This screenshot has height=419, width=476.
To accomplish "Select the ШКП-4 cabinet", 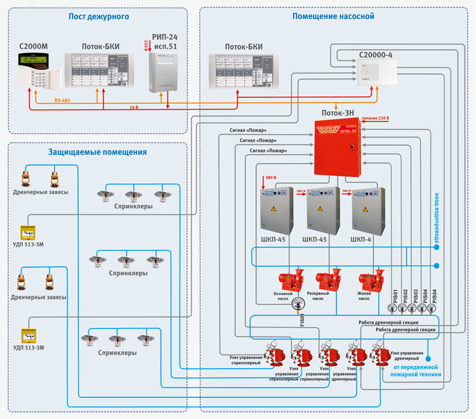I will click(x=368, y=211).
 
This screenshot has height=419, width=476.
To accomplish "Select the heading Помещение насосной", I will click(x=333, y=16).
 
